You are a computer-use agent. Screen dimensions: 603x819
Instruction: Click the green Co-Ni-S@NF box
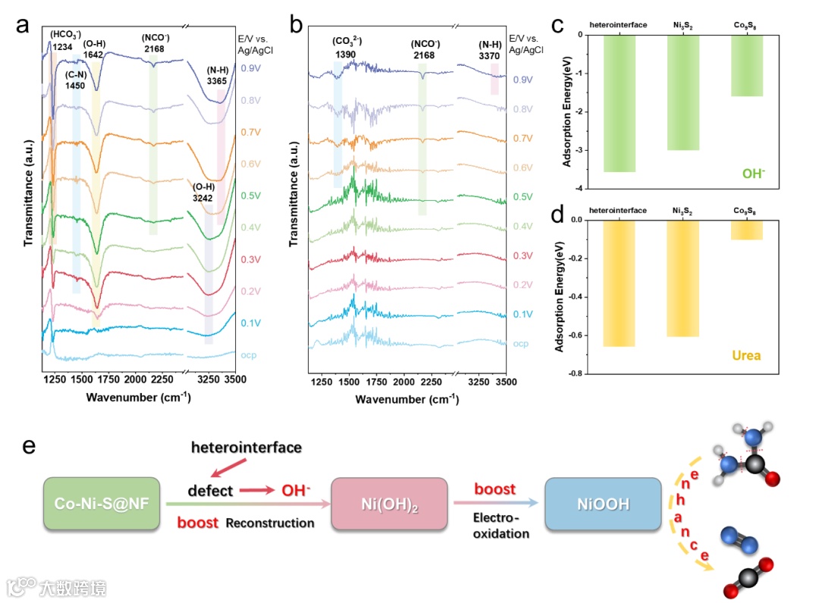point(102,503)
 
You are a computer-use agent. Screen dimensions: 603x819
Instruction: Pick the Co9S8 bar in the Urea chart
point(747,230)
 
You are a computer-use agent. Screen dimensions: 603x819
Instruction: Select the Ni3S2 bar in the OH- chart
point(683,92)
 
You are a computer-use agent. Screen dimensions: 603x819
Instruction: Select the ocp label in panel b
point(521,343)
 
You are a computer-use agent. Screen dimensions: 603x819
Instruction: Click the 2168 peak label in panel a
point(155,48)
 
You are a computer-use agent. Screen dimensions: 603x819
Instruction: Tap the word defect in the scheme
point(211,491)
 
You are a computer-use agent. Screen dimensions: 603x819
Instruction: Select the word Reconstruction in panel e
point(271,523)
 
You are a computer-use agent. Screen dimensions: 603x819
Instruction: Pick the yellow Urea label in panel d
point(747,355)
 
